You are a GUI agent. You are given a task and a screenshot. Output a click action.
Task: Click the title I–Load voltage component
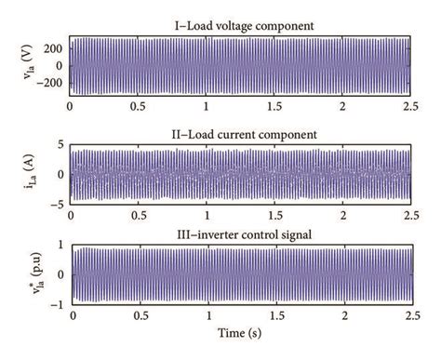(239, 24)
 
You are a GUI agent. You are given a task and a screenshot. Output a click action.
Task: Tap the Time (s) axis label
(239, 333)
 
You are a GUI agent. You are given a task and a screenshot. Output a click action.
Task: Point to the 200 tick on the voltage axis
(52, 47)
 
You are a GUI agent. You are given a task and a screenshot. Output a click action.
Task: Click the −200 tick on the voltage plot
(48, 82)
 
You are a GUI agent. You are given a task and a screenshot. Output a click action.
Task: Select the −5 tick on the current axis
(56, 200)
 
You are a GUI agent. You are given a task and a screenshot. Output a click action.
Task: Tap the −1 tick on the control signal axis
(56, 302)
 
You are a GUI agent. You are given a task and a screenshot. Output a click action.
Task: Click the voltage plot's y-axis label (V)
(16, 64)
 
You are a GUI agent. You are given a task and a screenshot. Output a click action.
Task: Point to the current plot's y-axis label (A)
(16, 173)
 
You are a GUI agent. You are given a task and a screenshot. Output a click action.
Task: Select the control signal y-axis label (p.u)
(16, 274)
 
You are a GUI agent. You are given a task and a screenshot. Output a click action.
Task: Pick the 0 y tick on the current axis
(60, 173)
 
